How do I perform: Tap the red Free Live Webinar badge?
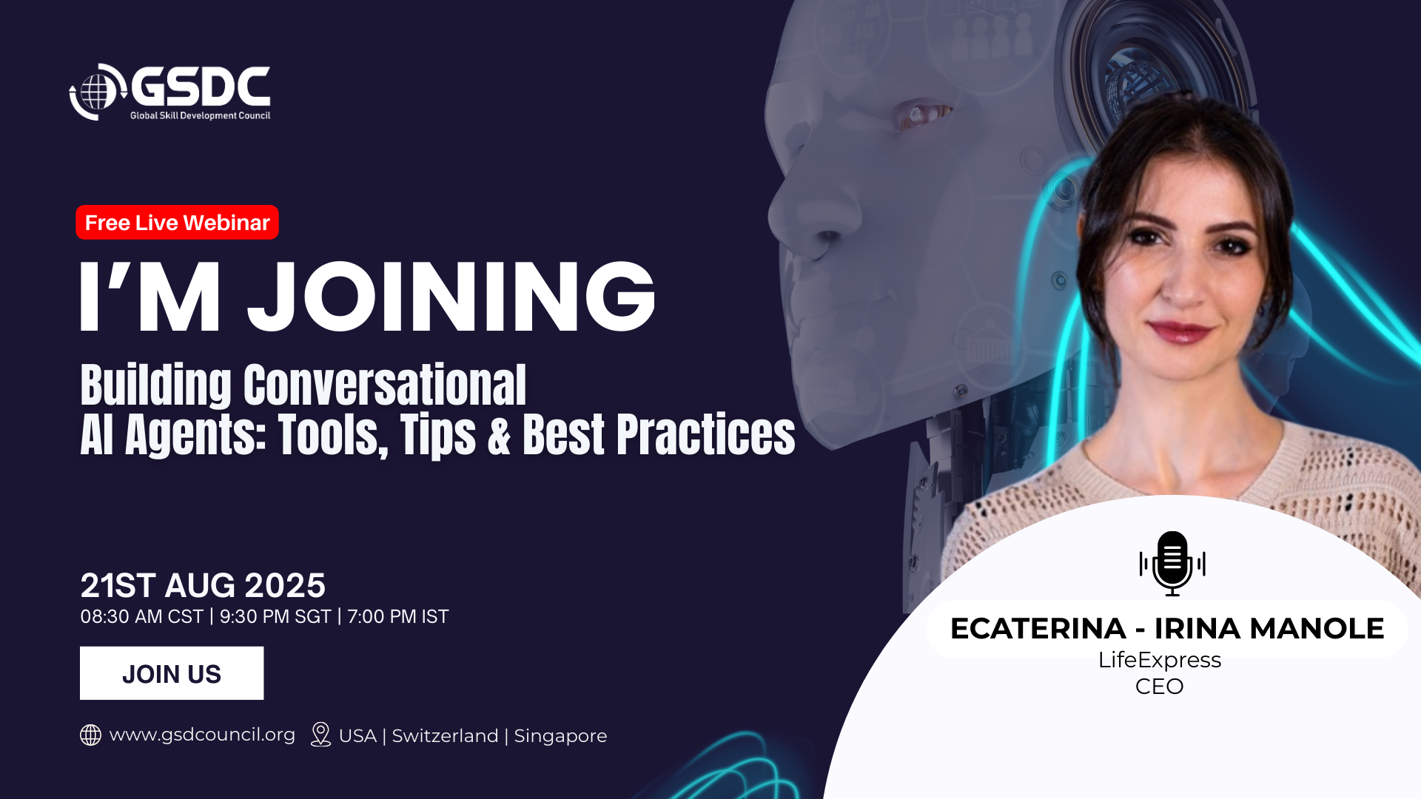click(x=177, y=223)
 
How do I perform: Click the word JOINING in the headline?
click(x=451, y=297)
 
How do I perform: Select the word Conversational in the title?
click(x=385, y=385)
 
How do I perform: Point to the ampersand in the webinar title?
click(x=500, y=435)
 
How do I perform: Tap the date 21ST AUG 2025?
click(x=203, y=585)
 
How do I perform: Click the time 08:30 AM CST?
click(x=141, y=616)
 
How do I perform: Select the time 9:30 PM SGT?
click(x=275, y=616)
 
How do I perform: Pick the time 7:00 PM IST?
click(x=398, y=616)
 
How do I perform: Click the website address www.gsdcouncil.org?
click(x=202, y=735)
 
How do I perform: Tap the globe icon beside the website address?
click(x=90, y=735)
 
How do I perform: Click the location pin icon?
click(x=320, y=735)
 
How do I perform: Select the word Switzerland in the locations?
click(x=445, y=736)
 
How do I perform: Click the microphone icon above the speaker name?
click(x=1172, y=564)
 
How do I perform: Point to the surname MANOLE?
click(x=1317, y=629)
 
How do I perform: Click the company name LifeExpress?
click(x=1160, y=660)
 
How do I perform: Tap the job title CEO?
click(x=1160, y=687)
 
